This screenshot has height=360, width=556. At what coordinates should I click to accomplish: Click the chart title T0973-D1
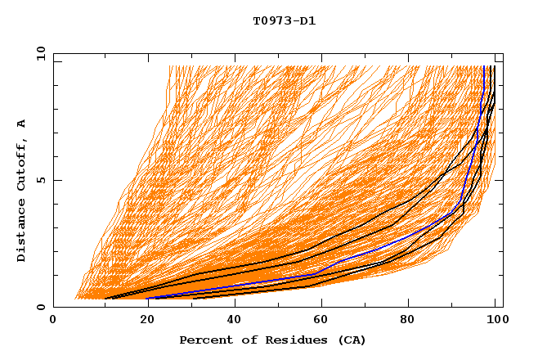[284, 20]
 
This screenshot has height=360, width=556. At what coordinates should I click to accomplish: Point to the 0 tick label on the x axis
[54, 321]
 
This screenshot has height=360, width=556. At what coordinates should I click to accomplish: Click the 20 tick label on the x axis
[142, 321]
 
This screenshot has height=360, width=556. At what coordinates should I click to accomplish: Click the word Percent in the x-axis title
[203, 340]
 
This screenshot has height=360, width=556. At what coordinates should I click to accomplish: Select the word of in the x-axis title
[240, 340]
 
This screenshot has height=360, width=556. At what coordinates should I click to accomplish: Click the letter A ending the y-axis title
[22, 124]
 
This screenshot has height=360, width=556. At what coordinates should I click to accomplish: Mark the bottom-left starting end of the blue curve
[147, 299]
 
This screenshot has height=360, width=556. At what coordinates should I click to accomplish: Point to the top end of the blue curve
[484, 67]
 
